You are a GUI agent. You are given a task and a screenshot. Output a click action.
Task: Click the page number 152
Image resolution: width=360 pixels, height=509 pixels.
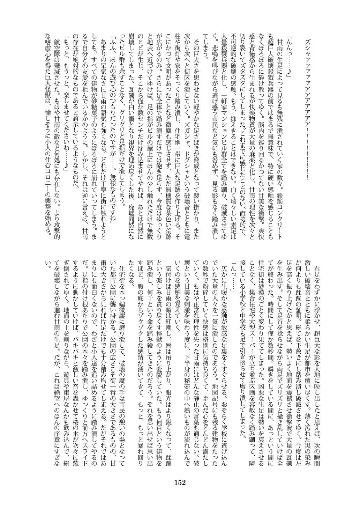coord(180,483)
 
